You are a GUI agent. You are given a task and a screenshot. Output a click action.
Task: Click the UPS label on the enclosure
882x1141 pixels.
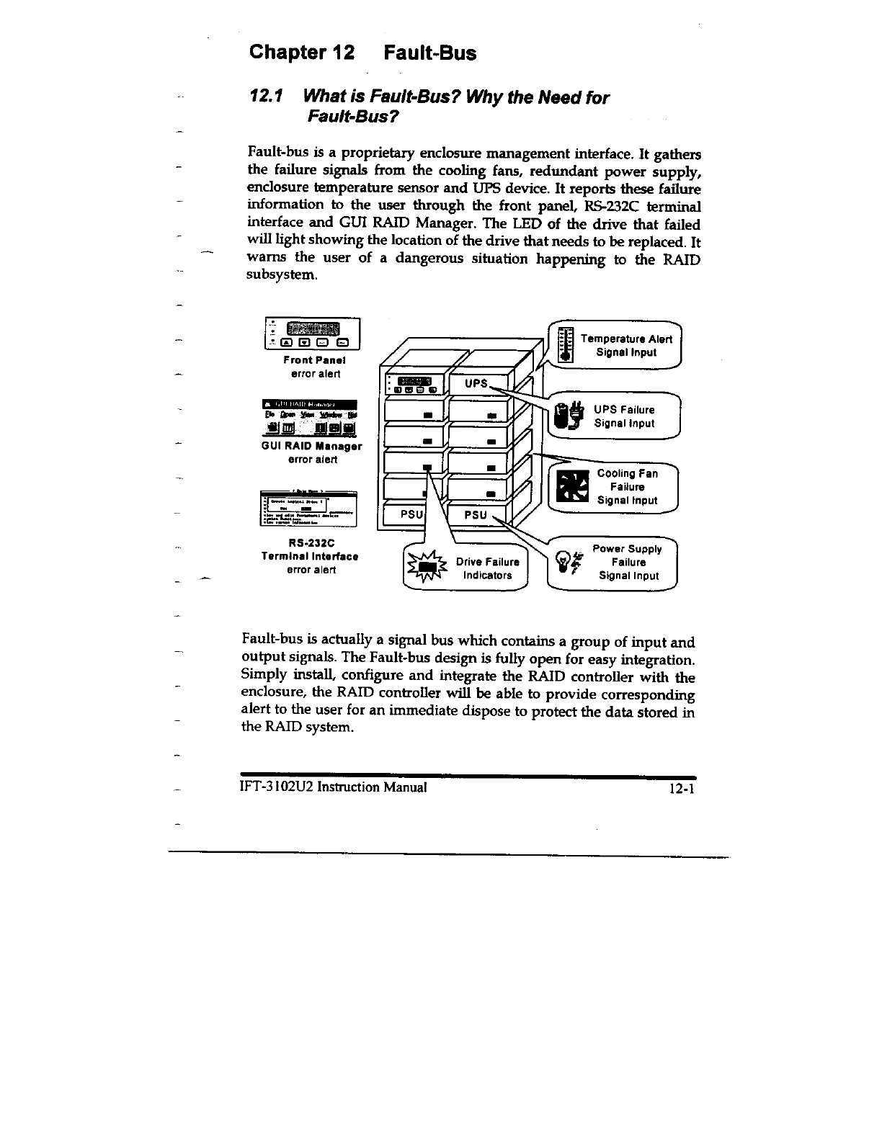(476, 383)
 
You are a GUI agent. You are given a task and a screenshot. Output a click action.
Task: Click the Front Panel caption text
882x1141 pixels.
(316, 360)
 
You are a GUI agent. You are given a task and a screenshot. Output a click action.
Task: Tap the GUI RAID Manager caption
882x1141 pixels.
(311, 446)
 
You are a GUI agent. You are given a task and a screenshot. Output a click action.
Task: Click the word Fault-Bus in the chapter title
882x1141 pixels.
(429, 53)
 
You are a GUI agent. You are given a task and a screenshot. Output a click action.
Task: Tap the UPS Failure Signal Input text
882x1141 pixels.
(624, 416)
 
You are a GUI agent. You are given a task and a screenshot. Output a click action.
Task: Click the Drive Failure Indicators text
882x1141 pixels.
(487, 568)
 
